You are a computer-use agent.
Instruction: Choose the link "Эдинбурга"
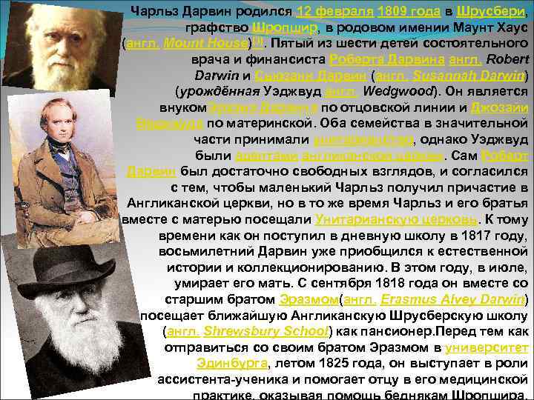point(231,363)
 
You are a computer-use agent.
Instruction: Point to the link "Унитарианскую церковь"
point(395,219)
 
